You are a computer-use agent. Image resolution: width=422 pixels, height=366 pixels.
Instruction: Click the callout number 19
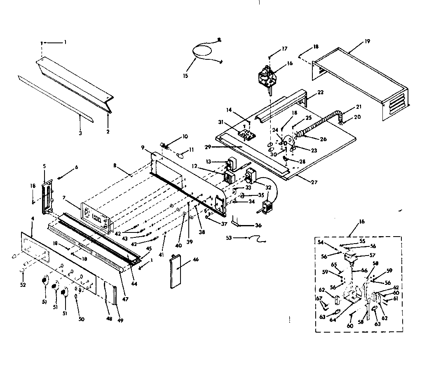click(x=367, y=41)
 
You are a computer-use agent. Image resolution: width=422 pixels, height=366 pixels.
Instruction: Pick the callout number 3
click(x=80, y=134)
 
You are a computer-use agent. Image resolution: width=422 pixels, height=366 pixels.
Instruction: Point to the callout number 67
click(x=319, y=299)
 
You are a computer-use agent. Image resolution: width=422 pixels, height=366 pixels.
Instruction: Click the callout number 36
click(x=258, y=225)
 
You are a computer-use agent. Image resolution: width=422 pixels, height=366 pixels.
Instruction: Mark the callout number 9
click(x=142, y=147)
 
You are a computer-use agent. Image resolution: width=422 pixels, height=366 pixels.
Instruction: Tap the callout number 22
click(x=320, y=92)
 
